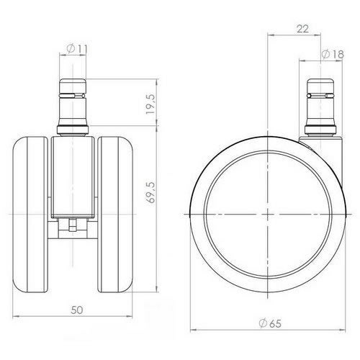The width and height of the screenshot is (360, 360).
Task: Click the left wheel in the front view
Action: click(33, 215)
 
